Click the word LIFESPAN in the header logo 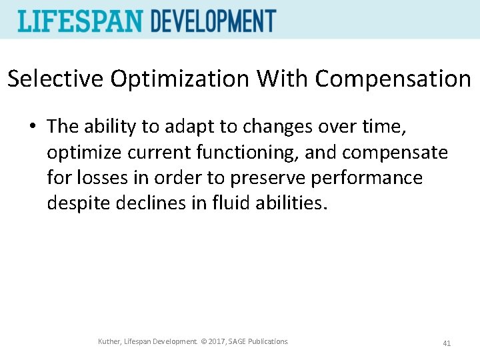[x=81, y=21]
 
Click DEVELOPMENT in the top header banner [x=213, y=21]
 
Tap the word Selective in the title [x=56, y=79]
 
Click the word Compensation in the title [x=393, y=79]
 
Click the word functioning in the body [x=247, y=153]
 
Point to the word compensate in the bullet [x=395, y=153]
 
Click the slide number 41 [x=447, y=343]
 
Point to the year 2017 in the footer [x=213, y=342]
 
